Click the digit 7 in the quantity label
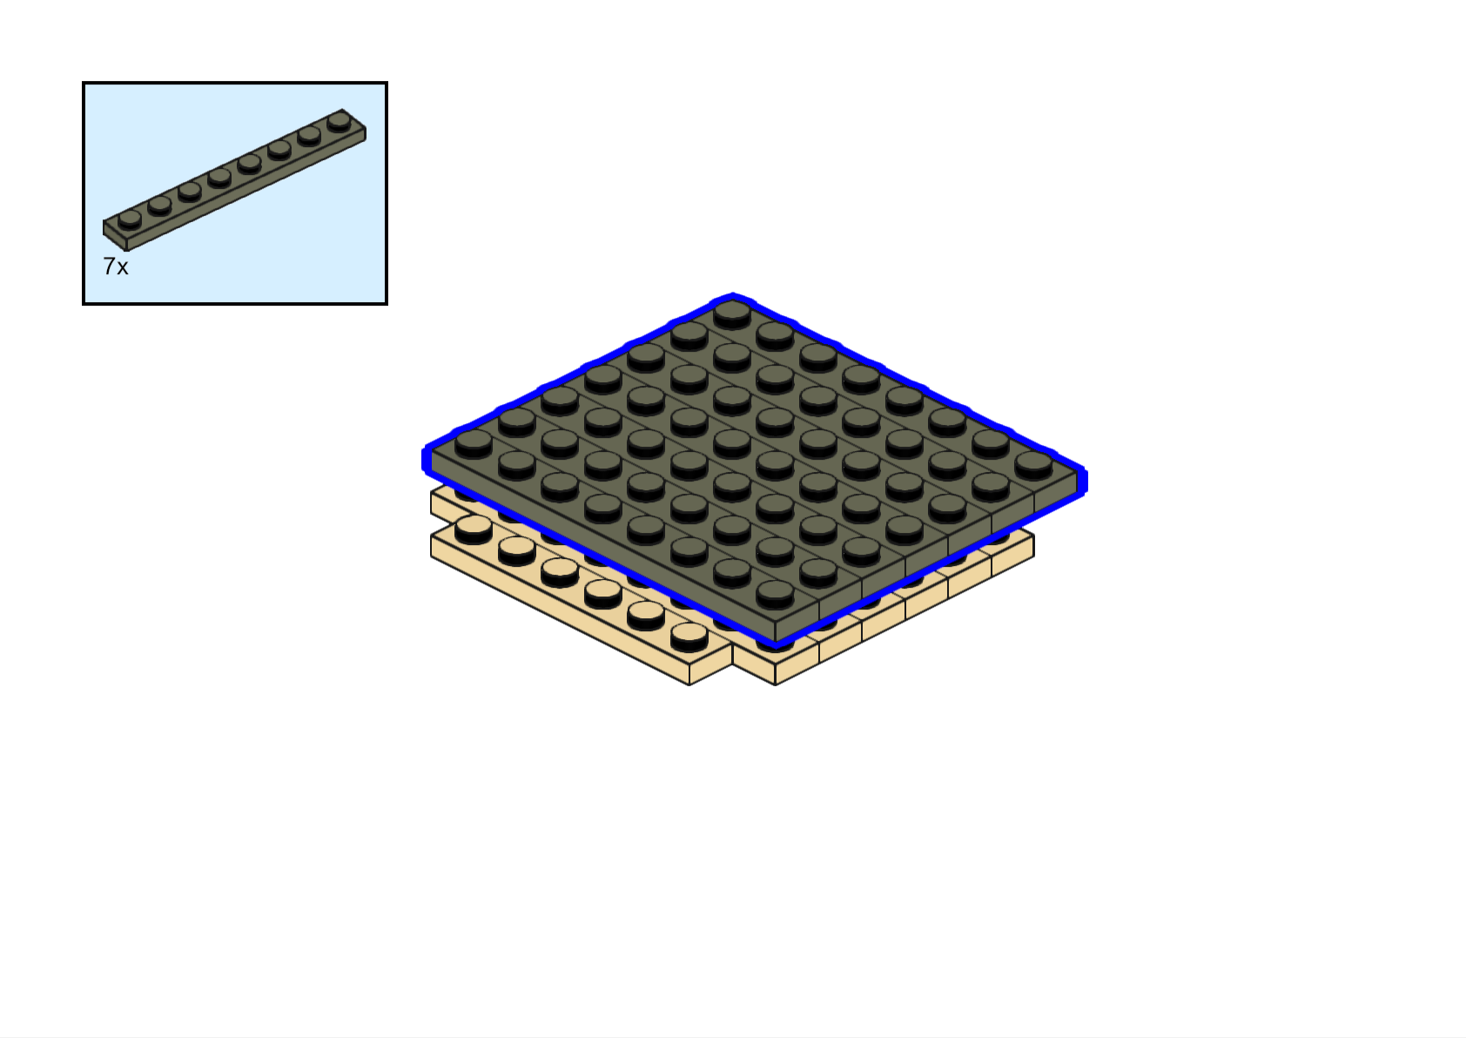(x=109, y=266)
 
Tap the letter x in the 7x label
(x=122, y=268)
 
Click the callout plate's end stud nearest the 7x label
(x=130, y=218)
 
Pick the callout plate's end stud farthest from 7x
(x=339, y=120)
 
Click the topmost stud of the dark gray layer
(x=732, y=313)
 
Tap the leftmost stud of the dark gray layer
(x=474, y=442)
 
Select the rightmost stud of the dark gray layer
(x=1033, y=463)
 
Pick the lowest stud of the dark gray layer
(x=775, y=593)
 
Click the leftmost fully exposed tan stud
(x=474, y=526)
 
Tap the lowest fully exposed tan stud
(x=689, y=635)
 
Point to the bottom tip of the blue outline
(x=776, y=645)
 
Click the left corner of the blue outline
(x=426, y=459)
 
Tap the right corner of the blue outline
(x=1083, y=481)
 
